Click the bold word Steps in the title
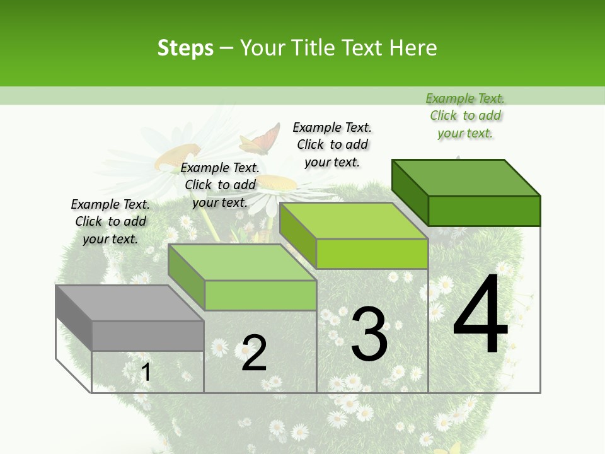pos(185,48)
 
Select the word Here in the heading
pos(413,48)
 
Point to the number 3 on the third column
pos(369,334)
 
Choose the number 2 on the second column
pos(254,353)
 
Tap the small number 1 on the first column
pos(146,372)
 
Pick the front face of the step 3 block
pos(372,254)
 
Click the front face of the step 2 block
pos(260,295)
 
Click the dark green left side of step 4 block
pos(410,192)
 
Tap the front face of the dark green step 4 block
pos(484,211)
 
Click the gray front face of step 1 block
pos(147,335)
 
